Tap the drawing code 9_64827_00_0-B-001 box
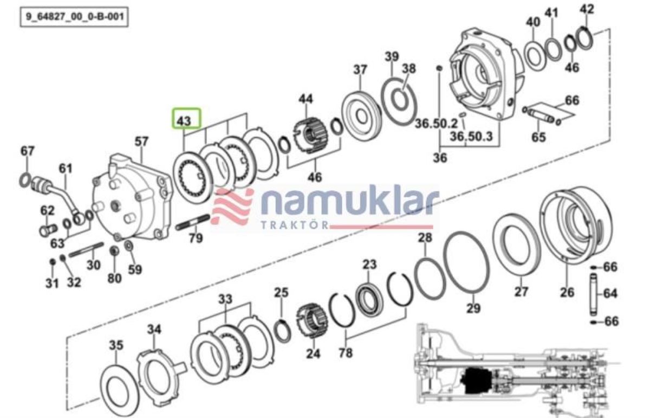(x=74, y=17)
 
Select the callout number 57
(x=141, y=142)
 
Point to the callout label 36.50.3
(x=471, y=136)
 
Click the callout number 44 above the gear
(x=306, y=99)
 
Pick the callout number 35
(x=116, y=345)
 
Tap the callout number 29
(x=473, y=308)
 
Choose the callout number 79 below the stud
(x=196, y=238)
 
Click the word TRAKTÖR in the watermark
(x=294, y=225)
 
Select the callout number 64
(x=610, y=293)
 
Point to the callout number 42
(x=587, y=9)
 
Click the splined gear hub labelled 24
(x=311, y=321)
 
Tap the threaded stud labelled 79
(x=193, y=222)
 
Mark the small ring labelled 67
(x=25, y=181)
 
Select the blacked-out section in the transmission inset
(x=476, y=381)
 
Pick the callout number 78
(x=346, y=353)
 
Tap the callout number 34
(x=154, y=329)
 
